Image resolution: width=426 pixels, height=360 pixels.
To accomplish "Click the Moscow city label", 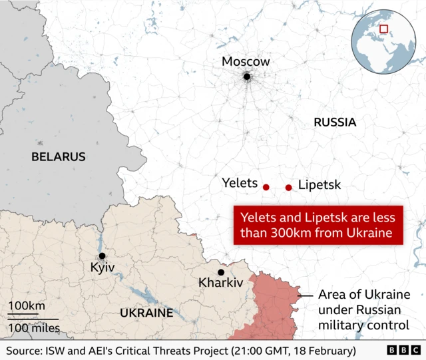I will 246,62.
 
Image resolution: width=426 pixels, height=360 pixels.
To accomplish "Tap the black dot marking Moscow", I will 246,77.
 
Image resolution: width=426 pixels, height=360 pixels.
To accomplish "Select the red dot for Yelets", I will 266,188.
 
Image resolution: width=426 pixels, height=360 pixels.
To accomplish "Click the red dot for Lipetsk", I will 288,188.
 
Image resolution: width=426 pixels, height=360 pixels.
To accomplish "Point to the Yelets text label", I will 240,182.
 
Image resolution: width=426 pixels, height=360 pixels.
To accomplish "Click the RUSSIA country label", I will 335,122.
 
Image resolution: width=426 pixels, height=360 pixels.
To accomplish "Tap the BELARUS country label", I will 59,157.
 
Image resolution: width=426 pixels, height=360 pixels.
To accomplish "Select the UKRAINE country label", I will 146,313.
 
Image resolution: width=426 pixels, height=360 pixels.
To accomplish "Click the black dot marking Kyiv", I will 102,256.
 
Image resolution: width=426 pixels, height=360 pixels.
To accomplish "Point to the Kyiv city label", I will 103,268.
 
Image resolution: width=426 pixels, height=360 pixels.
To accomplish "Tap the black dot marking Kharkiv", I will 221,271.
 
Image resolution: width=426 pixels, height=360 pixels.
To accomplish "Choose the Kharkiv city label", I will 221,283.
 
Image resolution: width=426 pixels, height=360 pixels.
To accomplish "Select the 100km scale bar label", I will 27,306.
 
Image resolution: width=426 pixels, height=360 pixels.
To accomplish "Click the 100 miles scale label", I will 34,327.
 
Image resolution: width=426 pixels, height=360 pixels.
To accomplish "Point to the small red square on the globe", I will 383,28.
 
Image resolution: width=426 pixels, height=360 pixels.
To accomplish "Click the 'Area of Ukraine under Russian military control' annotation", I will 363,310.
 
